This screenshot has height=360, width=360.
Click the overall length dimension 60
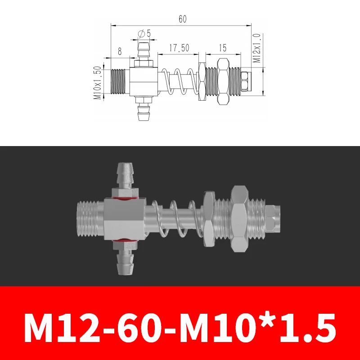(182, 19)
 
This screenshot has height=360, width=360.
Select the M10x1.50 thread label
(97, 83)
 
